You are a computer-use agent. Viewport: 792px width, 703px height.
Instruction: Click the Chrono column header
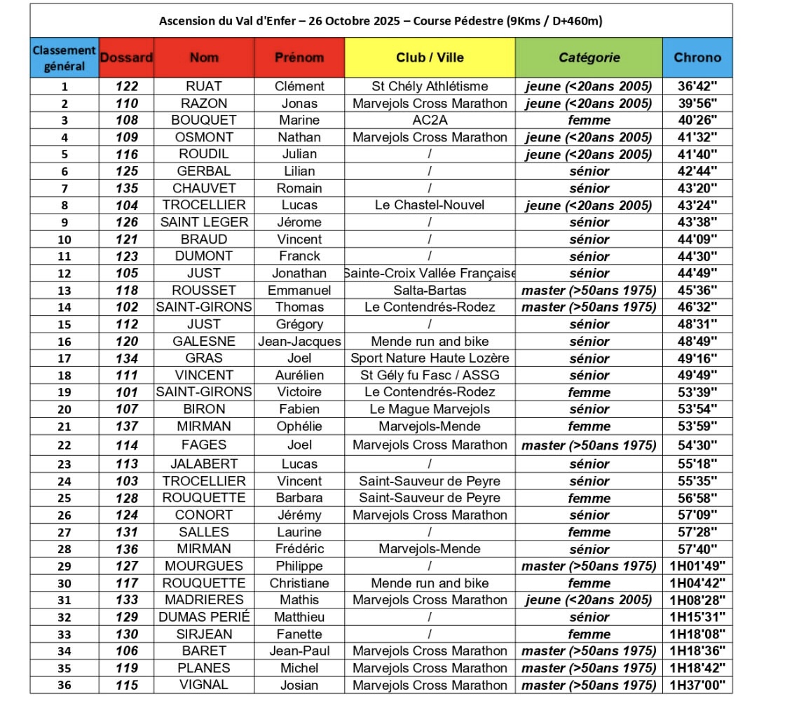[697, 57]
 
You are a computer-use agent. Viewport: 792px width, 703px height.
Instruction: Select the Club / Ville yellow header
[430, 57]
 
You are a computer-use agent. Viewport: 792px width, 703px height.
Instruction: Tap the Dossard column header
[126, 57]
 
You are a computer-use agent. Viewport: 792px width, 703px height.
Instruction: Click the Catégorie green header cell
[589, 57]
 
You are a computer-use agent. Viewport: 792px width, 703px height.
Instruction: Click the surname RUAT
[203, 86]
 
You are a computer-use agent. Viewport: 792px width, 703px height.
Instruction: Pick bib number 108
[126, 120]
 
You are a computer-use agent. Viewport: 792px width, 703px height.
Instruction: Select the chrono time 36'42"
[697, 86]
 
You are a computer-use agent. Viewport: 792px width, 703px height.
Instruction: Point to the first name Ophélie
[299, 426]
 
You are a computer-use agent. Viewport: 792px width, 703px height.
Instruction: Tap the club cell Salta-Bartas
[430, 290]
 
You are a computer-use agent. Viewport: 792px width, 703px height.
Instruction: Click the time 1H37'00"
[697, 685]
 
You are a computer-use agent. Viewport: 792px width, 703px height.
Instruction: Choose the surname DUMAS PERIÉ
[203, 617]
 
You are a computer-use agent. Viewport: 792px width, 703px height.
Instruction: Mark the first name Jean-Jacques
[299, 342]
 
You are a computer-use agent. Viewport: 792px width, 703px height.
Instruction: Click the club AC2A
[430, 120]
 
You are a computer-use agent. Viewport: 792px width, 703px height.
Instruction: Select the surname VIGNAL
[203, 685]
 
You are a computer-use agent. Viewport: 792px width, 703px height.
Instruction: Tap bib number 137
[126, 426]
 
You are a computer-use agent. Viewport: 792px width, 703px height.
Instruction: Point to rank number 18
[64, 375]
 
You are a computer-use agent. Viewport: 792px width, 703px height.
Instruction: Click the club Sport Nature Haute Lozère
[430, 359]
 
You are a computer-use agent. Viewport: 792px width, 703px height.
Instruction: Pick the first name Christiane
[299, 583]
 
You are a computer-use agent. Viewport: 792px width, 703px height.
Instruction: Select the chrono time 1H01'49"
[697, 566]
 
